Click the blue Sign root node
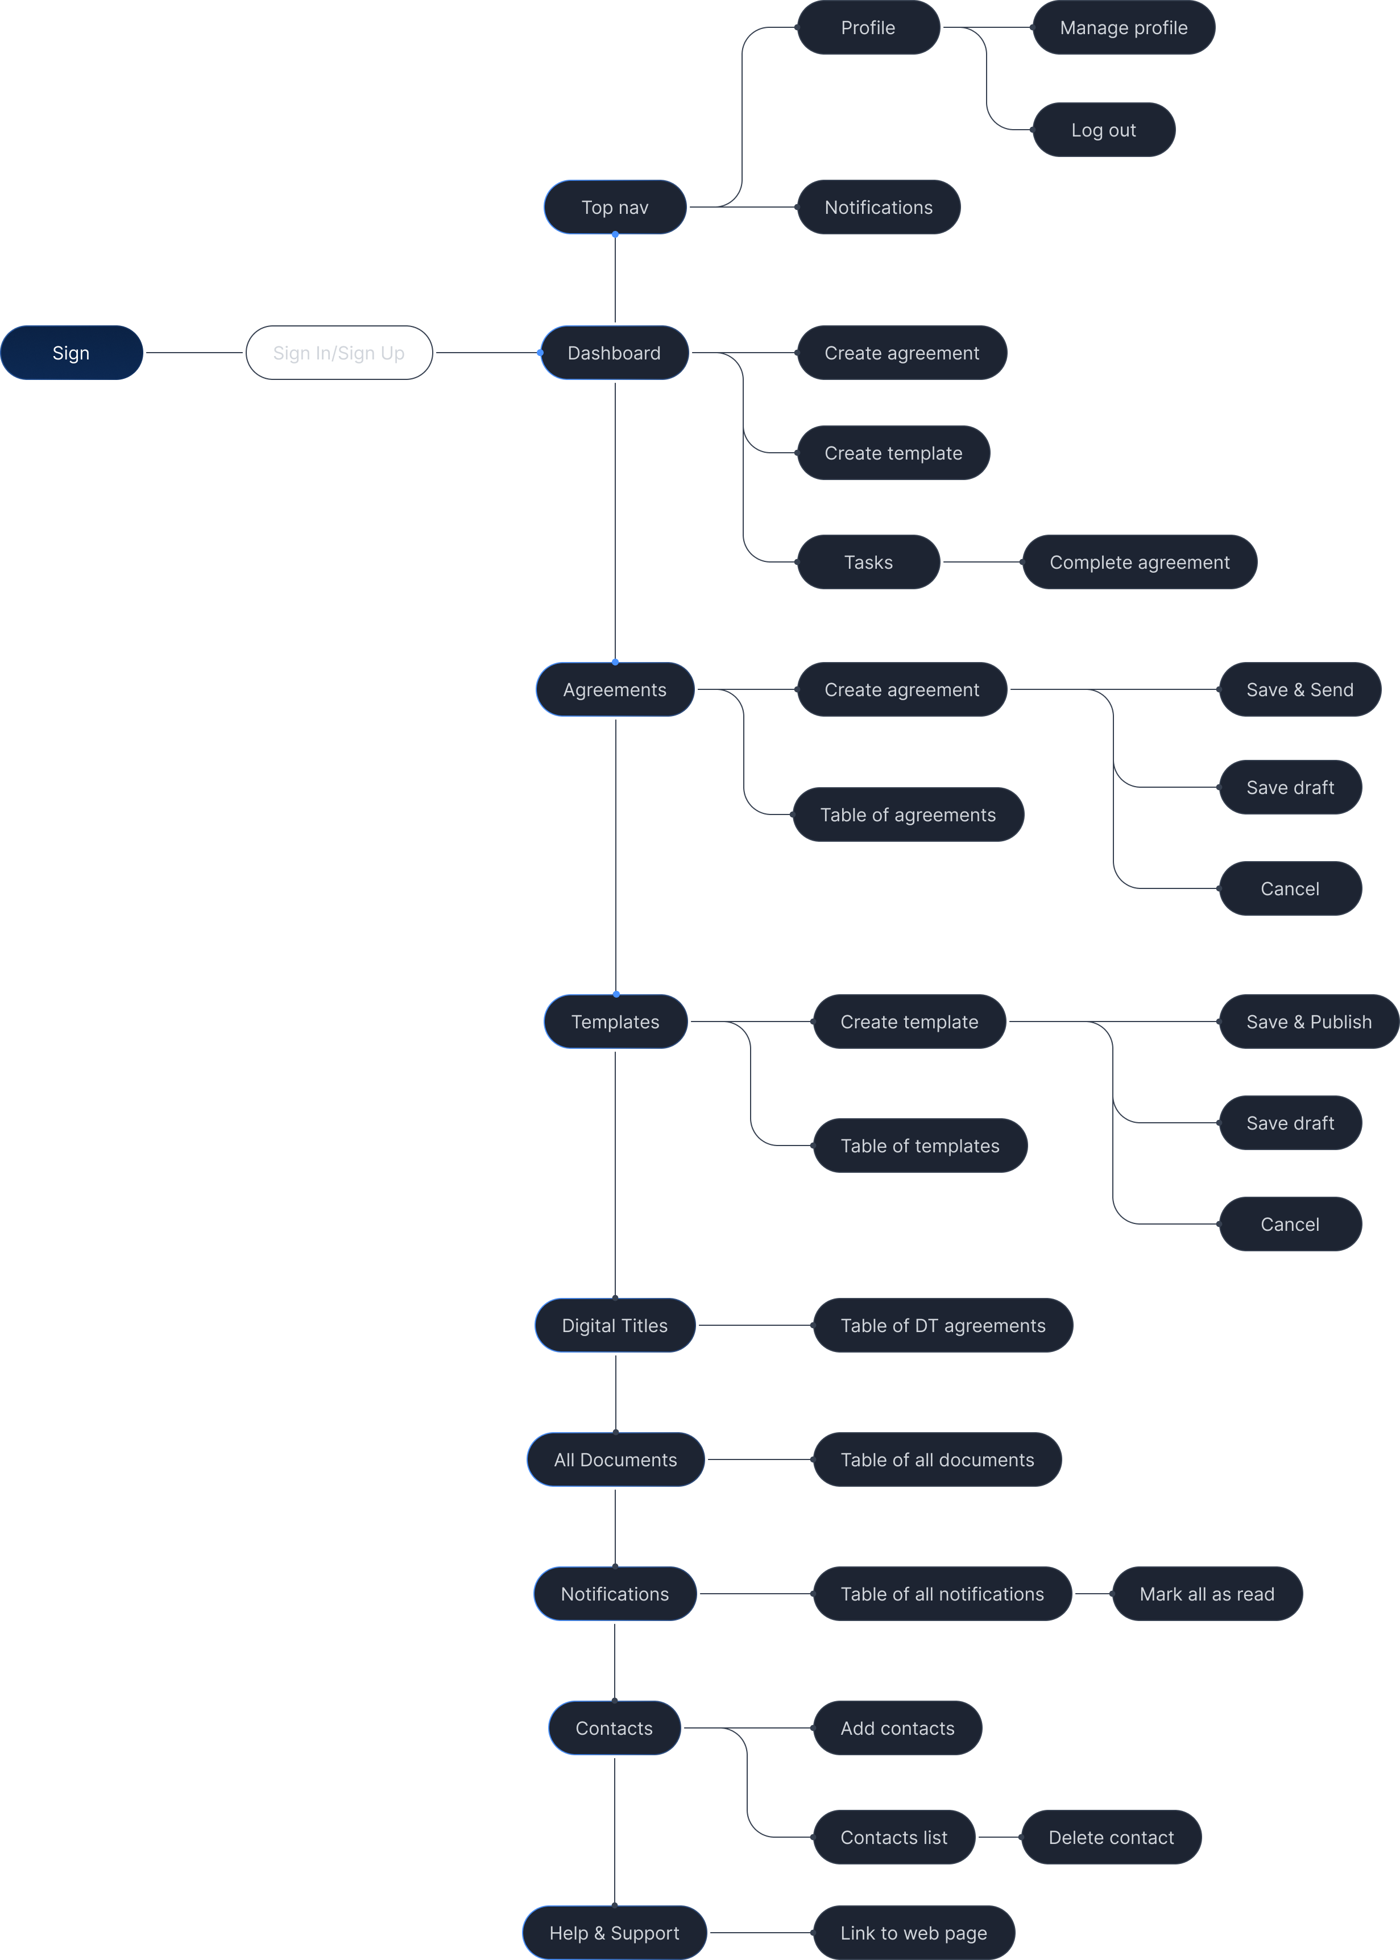[72, 353]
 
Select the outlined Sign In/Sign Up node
[339, 353]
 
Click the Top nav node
[615, 207]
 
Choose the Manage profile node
[1123, 28]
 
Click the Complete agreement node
[1139, 562]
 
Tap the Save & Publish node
[1308, 1022]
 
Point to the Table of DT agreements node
[943, 1325]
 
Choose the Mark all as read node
[1207, 1594]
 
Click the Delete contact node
[1111, 1838]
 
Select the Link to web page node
[914, 1933]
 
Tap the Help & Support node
[615, 1933]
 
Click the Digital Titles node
[615, 1325]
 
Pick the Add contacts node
[897, 1728]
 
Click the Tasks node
[868, 562]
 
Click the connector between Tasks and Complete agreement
[982, 562]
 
